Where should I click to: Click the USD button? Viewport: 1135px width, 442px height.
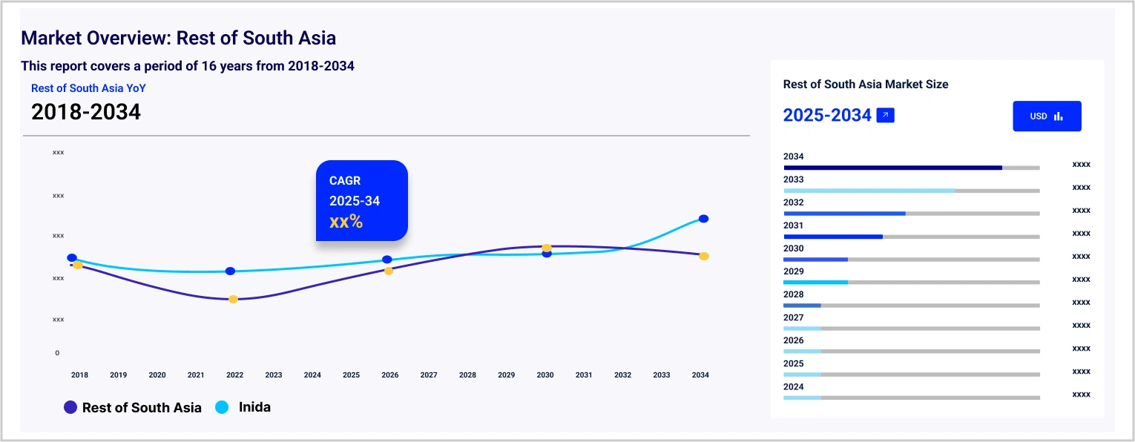[x=1047, y=116]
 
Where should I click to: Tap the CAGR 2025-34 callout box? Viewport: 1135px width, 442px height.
[x=362, y=200]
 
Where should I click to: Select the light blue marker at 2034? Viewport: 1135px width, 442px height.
[x=703, y=219]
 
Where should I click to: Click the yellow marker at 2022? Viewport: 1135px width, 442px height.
[x=233, y=299]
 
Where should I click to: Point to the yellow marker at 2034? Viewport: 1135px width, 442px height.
[x=704, y=256]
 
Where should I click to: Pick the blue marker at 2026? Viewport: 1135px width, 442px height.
[x=386, y=260]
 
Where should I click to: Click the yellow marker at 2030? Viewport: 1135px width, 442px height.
[x=547, y=248]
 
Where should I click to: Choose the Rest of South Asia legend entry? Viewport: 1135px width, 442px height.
[x=133, y=407]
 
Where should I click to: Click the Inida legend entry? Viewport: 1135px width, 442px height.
[x=243, y=407]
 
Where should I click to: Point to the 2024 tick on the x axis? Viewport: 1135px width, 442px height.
[x=312, y=375]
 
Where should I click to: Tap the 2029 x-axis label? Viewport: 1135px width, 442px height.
[x=506, y=375]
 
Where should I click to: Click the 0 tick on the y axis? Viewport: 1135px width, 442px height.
[x=57, y=353]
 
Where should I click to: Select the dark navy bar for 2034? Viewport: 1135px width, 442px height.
[x=892, y=168]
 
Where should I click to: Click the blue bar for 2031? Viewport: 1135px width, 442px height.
[x=833, y=237]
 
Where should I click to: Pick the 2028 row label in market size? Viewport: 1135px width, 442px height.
[x=793, y=294]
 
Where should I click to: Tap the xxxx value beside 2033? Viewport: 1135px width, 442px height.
[x=1081, y=188]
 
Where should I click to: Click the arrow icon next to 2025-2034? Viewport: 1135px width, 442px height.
[x=885, y=116]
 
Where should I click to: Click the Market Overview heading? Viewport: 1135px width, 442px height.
[x=179, y=38]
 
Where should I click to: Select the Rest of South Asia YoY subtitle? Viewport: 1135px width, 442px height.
[x=88, y=88]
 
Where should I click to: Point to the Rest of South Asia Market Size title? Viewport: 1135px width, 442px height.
[x=866, y=85]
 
